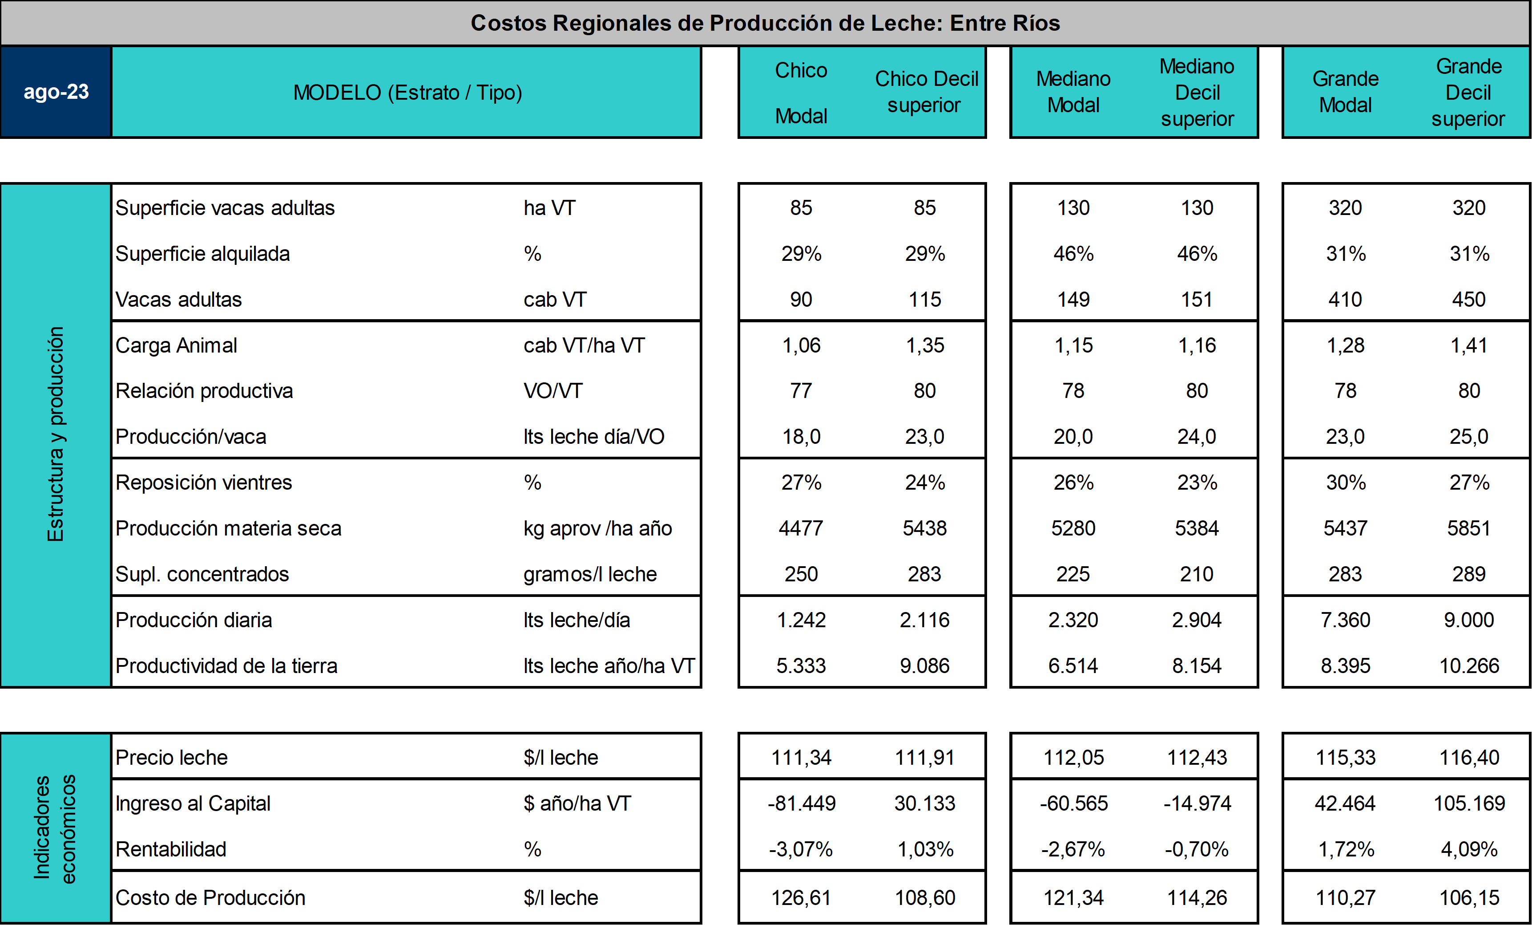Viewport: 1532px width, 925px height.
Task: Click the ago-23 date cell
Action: tap(56, 92)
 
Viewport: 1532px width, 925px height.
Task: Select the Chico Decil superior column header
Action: tap(926, 92)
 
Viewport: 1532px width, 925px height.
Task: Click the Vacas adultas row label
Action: tap(178, 299)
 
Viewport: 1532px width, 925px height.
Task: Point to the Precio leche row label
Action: tap(172, 757)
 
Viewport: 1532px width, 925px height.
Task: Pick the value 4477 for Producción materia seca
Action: tap(801, 528)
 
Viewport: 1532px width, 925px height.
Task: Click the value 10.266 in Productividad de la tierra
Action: tap(1469, 665)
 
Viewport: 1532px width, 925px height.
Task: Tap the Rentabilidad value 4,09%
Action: tap(1469, 849)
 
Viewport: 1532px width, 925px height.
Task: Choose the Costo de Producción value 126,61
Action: tap(801, 898)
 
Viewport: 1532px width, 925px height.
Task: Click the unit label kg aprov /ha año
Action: tap(597, 528)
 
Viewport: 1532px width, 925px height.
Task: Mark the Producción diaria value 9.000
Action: tap(1469, 620)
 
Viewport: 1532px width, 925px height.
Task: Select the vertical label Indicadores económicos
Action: tap(55, 828)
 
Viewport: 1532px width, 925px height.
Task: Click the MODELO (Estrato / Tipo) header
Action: tap(407, 92)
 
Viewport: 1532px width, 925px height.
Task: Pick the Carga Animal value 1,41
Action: tap(1469, 345)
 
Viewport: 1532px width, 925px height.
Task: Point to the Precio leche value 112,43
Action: tap(1197, 757)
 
